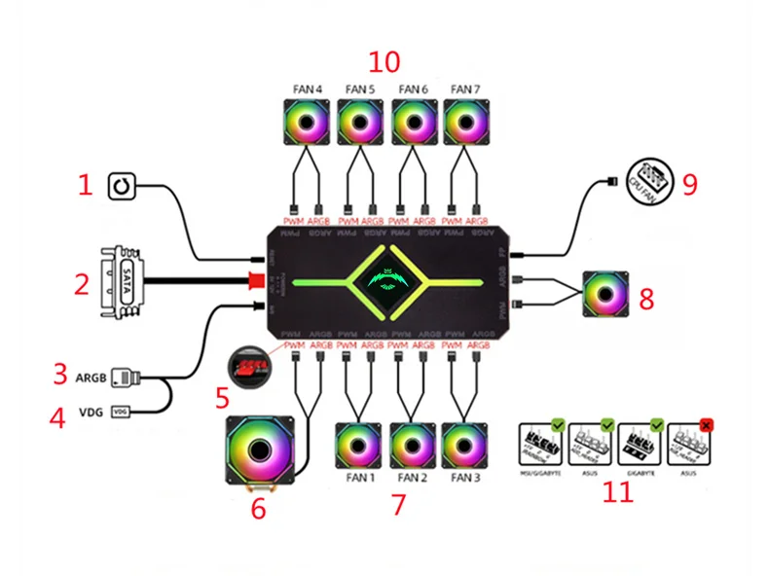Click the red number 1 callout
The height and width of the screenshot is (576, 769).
pos(86,184)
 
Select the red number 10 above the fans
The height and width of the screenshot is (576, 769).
pos(384,61)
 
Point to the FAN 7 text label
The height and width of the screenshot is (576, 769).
pos(465,90)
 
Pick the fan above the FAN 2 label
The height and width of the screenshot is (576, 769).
pos(413,446)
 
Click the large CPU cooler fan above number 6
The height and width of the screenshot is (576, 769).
pos(261,450)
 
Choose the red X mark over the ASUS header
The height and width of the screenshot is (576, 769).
pos(706,424)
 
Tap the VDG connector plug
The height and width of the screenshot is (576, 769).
pos(122,412)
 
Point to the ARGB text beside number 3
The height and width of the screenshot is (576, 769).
pos(90,375)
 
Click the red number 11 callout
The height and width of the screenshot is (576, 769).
pos(617,492)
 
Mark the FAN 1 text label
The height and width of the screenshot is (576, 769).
pos(360,478)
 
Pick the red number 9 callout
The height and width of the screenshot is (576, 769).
pos(689,184)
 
